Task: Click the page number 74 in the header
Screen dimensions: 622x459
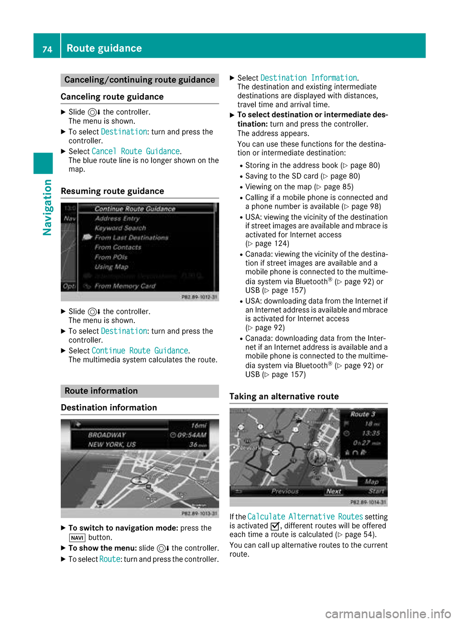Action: (47, 49)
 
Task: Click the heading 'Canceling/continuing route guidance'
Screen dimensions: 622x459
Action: (140, 80)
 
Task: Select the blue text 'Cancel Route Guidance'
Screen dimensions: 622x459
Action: (136, 151)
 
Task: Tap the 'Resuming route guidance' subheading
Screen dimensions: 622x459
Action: (112, 191)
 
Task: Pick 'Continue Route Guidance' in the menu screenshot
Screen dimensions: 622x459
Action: (135, 209)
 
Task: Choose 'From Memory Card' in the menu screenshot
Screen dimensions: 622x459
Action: (125, 286)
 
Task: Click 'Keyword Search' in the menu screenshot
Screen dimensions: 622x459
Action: (120, 228)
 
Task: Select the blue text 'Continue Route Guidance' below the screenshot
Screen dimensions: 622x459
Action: (140, 351)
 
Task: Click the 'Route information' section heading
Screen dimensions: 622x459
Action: (101, 391)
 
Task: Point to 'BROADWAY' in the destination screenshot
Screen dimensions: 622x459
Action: (107, 435)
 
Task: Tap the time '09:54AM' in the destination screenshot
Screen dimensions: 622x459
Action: (191, 435)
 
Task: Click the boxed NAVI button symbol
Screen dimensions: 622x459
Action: (77, 538)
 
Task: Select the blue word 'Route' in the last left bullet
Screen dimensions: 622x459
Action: (110, 559)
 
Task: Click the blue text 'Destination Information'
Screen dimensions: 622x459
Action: (308, 78)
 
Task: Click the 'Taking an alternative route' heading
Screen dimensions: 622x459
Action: (284, 397)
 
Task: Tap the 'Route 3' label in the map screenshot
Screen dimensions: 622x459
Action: (362, 414)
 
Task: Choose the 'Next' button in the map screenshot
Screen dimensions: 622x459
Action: (333, 491)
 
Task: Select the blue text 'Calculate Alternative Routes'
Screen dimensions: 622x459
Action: (305, 517)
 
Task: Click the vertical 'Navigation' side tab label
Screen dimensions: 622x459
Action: (47, 207)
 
